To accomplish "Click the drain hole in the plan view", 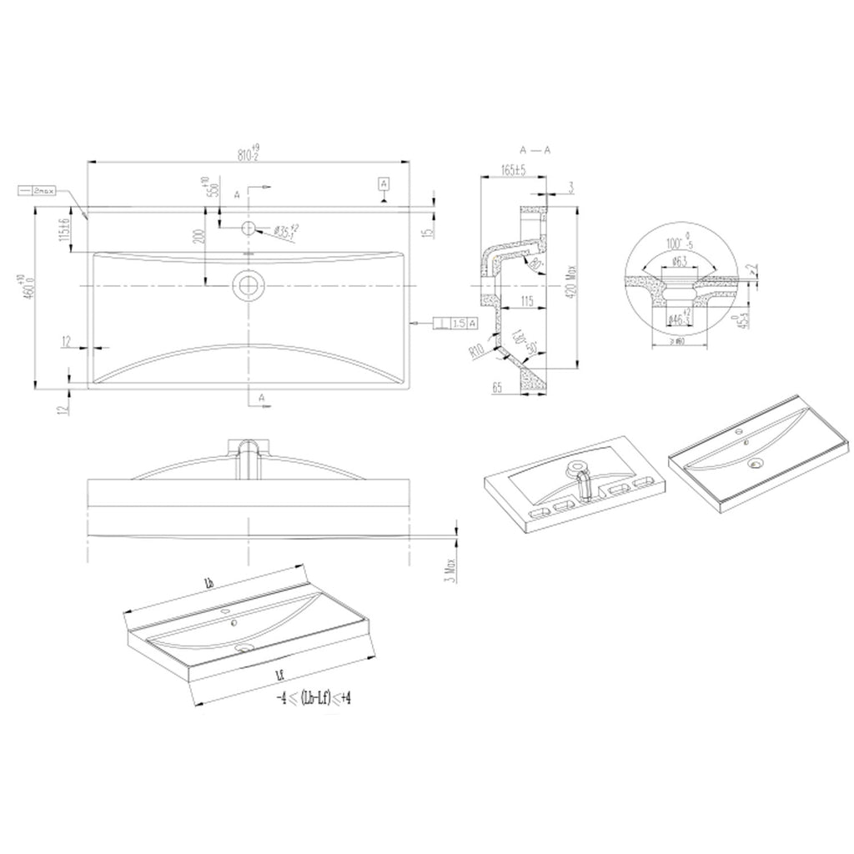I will click(248, 285).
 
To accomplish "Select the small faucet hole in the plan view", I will click(248, 228).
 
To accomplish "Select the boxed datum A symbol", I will click(383, 183).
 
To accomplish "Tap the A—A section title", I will click(534, 150).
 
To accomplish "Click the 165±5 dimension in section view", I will click(513, 170).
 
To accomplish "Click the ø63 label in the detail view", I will click(679, 263).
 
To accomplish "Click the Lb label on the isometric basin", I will click(209, 582).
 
